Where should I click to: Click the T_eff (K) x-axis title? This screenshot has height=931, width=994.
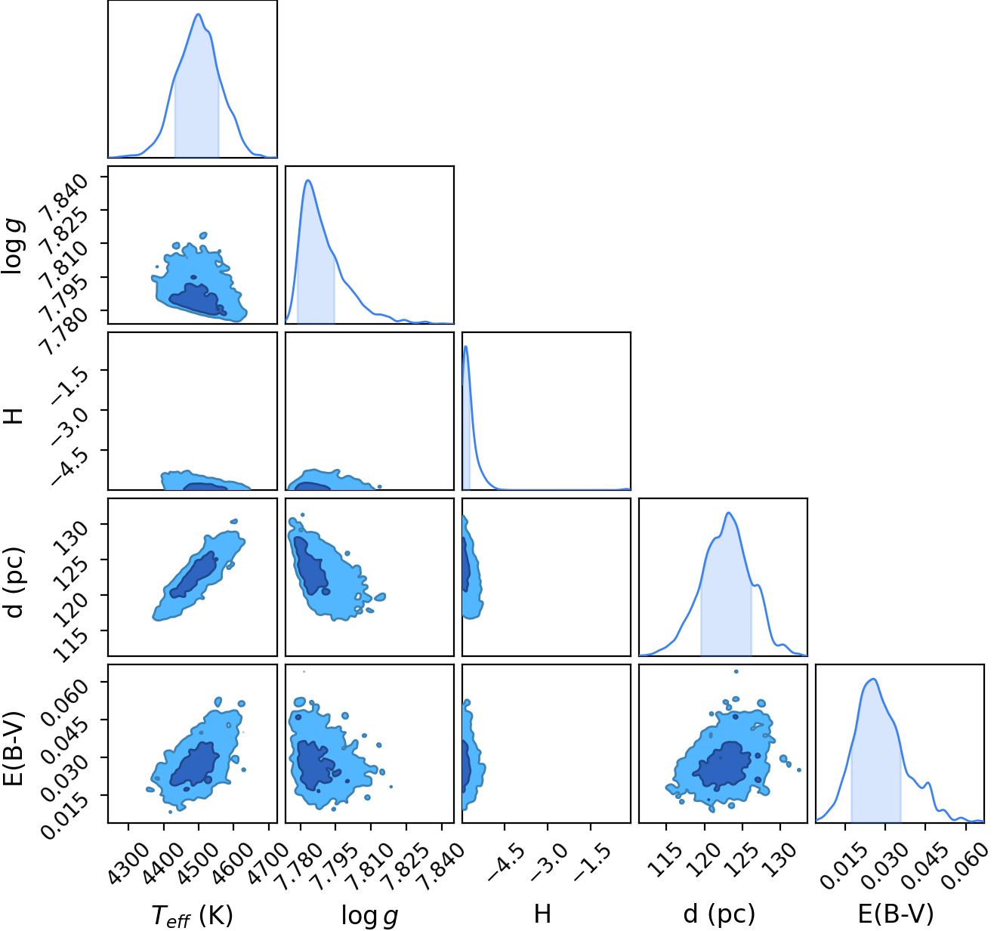coord(192,915)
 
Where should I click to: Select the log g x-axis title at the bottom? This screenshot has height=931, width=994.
coord(369,916)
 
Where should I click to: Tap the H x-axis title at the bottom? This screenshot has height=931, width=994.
coord(542,914)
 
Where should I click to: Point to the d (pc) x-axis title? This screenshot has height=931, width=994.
coord(719,914)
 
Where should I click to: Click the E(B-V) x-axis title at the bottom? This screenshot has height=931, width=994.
coord(896,914)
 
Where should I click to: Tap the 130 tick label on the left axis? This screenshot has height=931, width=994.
coord(72,537)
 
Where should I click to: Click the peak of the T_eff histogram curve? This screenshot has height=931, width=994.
coord(198,14)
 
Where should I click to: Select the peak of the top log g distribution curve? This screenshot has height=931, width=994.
coord(308,180)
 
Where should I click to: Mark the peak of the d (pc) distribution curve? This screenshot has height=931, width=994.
coord(729,513)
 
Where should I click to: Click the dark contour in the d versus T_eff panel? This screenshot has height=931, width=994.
coord(193,575)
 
